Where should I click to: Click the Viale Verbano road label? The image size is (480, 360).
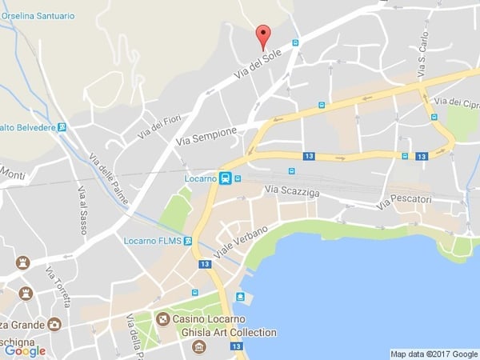[x=240, y=239]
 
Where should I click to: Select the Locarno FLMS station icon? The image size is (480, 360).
[x=188, y=240]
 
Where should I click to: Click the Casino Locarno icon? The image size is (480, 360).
[x=163, y=319]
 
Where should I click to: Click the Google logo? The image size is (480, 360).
[x=25, y=350]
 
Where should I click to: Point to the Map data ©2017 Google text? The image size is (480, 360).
[x=434, y=354]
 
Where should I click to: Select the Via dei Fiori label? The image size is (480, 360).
[x=159, y=126]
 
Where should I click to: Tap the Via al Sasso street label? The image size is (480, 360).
[x=82, y=209]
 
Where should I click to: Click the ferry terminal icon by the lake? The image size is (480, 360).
[x=240, y=297]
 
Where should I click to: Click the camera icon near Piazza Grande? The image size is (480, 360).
[x=54, y=324]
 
